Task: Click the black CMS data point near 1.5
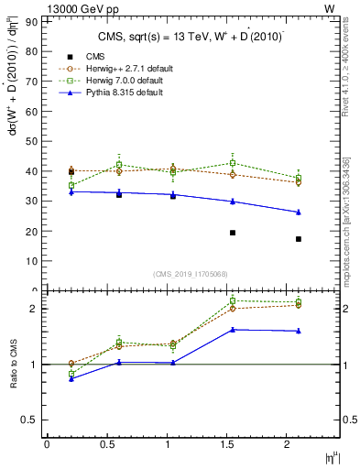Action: click(x=233, y=233)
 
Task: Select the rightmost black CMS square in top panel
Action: click(x=299, y=239)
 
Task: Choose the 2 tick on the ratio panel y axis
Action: click(x=35, y=309)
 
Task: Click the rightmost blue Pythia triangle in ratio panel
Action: click(x=299, y=331)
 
